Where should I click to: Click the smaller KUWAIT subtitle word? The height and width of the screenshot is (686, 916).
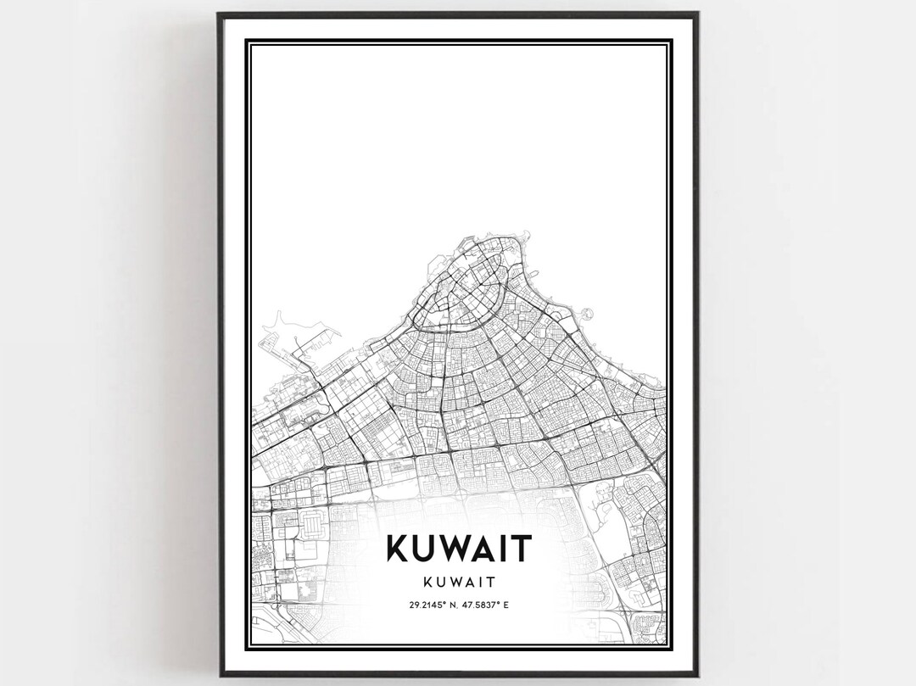point(458,583)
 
